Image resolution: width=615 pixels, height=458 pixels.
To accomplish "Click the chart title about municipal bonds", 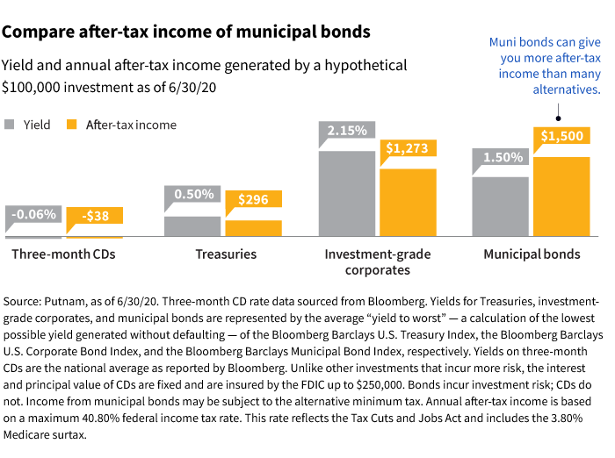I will [x=185, y=32].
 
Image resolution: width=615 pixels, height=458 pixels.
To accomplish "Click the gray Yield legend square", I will [x=11, y=125].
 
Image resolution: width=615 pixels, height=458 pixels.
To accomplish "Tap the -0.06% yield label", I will [x=34, y=214].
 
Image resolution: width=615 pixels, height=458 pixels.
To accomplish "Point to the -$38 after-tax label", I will [x=95, y=215].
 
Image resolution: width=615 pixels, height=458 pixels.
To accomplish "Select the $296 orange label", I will [x=254, y=199].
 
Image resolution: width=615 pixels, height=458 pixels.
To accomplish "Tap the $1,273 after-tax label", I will [x=409, y=148].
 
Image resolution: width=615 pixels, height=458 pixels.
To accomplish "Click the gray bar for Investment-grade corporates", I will [x=346, y=194].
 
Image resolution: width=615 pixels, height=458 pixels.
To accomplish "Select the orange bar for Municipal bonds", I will [x=561, y=197].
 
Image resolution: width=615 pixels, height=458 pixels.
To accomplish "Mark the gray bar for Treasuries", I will [x=192, y=226].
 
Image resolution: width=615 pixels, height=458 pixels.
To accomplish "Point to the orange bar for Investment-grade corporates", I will [x=408, y=203].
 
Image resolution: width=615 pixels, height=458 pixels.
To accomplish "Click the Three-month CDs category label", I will [x=63, y=254].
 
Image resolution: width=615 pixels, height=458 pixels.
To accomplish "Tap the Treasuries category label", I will [x=226, y=254].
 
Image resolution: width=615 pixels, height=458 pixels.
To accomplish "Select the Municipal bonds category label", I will [x=532, y=254].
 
